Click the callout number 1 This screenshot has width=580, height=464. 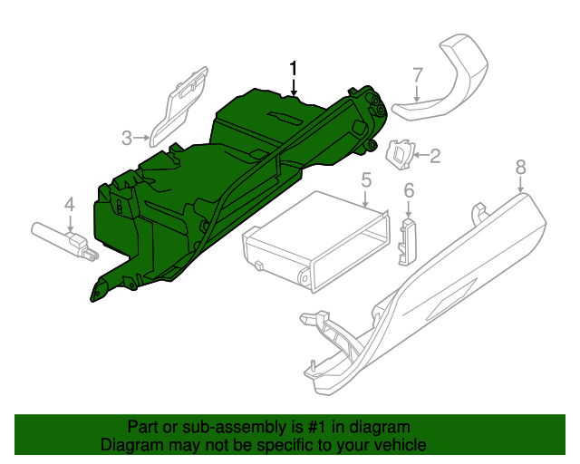click(293, 68)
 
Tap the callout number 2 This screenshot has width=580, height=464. click(434, 156)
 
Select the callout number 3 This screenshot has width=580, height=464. click(128, 138)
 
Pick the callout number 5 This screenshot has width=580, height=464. click(366, 180)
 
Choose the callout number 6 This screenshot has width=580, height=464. click(409, 190)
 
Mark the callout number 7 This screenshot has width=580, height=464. click(417, 75)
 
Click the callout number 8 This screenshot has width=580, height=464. click(520, 167)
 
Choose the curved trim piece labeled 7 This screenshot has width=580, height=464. click(449, 82)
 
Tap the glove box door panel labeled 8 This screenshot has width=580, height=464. click(435, 299)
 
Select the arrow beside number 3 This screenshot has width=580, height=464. click(143, 138)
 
